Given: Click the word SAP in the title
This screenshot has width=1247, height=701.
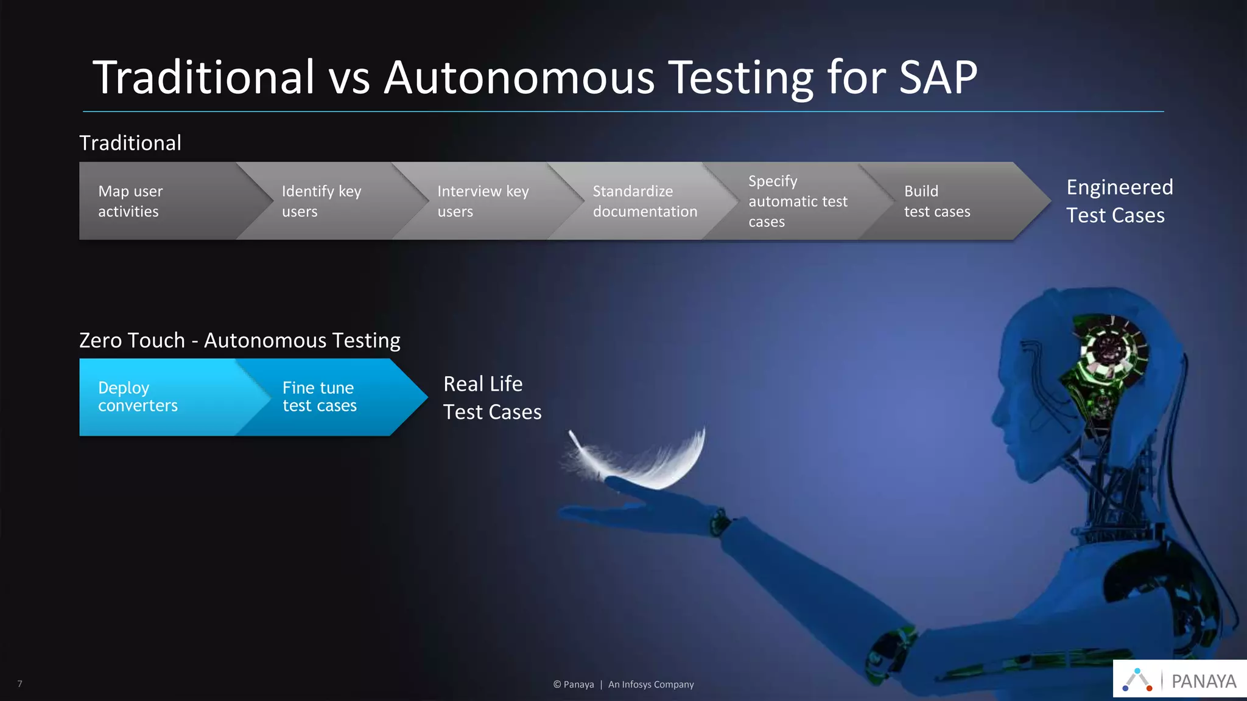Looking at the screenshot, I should (938, 78).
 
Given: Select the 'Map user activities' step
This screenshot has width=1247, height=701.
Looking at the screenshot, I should (152, 201).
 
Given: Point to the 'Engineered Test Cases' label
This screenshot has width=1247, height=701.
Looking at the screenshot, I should (1119, 201).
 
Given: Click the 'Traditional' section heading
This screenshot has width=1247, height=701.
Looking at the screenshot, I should (130, 143).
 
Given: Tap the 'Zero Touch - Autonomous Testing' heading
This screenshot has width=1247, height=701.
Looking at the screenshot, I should (239, 340).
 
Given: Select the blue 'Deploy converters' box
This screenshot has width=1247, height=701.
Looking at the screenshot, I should (152, 397).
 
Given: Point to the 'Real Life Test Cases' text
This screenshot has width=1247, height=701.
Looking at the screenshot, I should (492, 398).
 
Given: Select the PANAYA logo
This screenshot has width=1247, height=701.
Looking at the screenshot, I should (1179, 680).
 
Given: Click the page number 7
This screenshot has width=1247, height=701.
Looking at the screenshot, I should (19, 684).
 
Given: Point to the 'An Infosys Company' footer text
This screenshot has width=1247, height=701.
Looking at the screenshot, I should (651, 685).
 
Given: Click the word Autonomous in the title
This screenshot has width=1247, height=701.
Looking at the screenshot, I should (519, 78).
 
